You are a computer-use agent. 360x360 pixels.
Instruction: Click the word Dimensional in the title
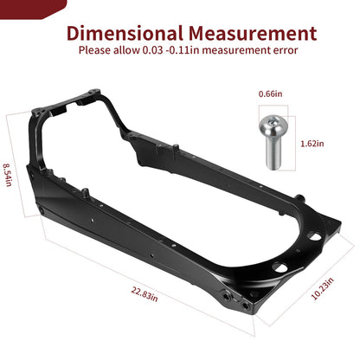pyautogui.click(x=125, y=33)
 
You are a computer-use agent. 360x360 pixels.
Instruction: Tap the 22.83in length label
pyautogui.click(x=145, y=294)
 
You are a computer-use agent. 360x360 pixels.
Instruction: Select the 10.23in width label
pyautogui.click(x=322, y=288)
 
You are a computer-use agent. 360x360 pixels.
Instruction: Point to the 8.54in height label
pyautogui.click(x=8, y=175)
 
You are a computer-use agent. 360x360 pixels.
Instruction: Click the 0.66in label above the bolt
pyautogui.click(x=270, y=93)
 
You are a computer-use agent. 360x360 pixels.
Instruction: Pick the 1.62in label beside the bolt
pyautogui.click(x=312, y=144)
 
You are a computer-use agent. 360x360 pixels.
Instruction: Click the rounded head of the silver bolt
pyautogui.click(x=273, y=125)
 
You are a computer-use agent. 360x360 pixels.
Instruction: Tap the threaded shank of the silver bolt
pyautogui.click(x=273, y=153)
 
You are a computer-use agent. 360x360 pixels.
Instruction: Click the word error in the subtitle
pyautogui.click(x=286, y=50)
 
